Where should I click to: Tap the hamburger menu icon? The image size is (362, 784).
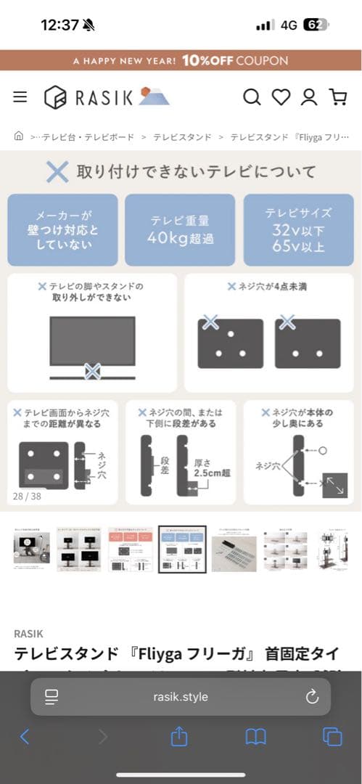tap(20, 97)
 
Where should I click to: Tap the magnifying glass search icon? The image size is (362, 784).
tap(252, 97)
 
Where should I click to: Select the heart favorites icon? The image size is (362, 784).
tap(280, 97)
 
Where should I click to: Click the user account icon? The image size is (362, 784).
tap(309, 97)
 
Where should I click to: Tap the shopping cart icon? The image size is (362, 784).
tap(337, 97)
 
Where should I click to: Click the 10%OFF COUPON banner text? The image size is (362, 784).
tap(235, 60)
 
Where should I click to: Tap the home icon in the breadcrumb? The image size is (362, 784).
tap(18, 136)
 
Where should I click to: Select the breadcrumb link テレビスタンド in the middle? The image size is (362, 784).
tap(182, 136)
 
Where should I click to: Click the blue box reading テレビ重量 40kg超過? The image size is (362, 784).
tap(180, 229)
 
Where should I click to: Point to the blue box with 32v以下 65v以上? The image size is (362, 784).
tap(298, 229)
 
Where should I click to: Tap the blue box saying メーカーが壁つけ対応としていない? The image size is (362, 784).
tap(62, 229)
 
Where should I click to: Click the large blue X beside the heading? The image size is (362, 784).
tap(57, 172)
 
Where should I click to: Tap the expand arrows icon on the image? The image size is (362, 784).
tap(334, 485)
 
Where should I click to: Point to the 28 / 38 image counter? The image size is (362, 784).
tap(27, 496)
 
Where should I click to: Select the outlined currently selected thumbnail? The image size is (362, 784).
tap(182, 549)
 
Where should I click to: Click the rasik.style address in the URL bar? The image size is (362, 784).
tap(181, 697)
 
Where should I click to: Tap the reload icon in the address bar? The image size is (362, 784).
tap(312, 697)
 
